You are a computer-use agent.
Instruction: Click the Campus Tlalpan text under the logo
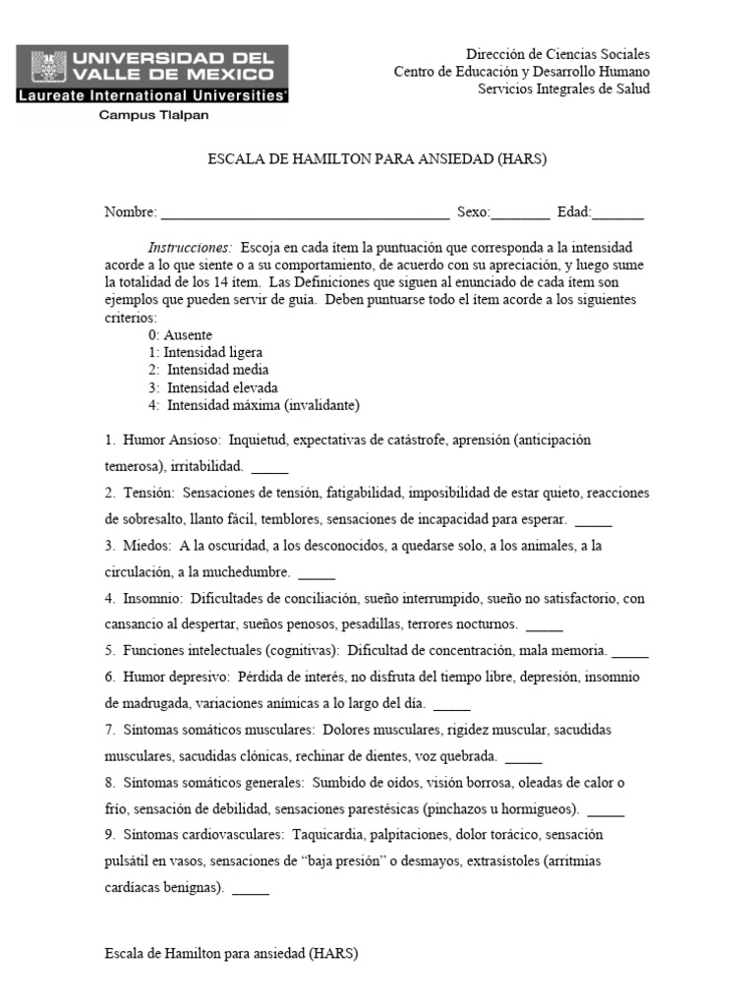click(151, 115)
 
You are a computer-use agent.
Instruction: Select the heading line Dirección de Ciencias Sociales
click(557, 55)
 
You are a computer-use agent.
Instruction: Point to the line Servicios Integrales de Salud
click(563, 89)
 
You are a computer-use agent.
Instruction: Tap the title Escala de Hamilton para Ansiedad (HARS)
click(377, 159)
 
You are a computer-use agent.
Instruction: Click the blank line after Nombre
click(305, 213)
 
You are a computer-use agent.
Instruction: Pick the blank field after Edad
click(618, 213)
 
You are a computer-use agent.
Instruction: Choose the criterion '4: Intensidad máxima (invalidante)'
click(254, 405)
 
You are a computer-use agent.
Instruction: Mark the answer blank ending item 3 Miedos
click(317, 572)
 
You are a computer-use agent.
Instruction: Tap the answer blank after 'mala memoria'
click(630, 652)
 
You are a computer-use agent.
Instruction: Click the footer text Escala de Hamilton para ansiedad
click(231, 953)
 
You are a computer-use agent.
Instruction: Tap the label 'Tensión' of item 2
click(148, 492)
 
